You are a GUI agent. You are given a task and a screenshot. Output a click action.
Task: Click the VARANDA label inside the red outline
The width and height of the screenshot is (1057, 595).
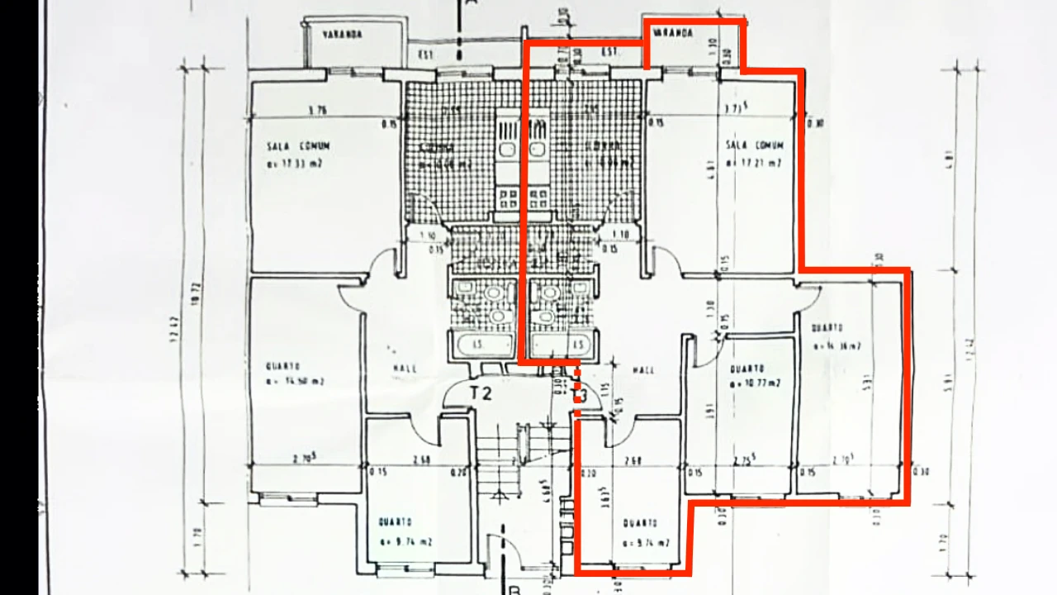(x=673, y=34)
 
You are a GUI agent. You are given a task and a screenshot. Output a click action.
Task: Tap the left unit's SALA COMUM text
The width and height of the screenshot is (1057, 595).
(x=299, y=146)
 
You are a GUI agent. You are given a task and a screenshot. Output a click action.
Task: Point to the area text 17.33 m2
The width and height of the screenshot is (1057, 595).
(x=294, y=164)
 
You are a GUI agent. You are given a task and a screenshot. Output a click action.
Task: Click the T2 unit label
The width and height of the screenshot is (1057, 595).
(x=481, y=393)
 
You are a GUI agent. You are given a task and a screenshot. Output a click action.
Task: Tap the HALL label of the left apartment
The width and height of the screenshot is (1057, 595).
(x=405, y=369)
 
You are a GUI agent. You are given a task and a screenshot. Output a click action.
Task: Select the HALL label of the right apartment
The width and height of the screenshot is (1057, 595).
(x=643, y=370)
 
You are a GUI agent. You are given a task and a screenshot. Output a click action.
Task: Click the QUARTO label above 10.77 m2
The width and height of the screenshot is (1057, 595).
(x=747, y=369)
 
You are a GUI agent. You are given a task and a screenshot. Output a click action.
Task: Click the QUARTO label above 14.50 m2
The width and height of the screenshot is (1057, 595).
(x=282, y=366)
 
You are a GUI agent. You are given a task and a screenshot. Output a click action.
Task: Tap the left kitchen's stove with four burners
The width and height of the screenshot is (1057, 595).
(x=508, y=198)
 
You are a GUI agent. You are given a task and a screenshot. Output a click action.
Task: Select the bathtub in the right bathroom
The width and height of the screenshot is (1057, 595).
(x=562, y=345)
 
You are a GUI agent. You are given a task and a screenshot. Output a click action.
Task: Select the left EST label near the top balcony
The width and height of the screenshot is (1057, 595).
(x=426, y=55)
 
